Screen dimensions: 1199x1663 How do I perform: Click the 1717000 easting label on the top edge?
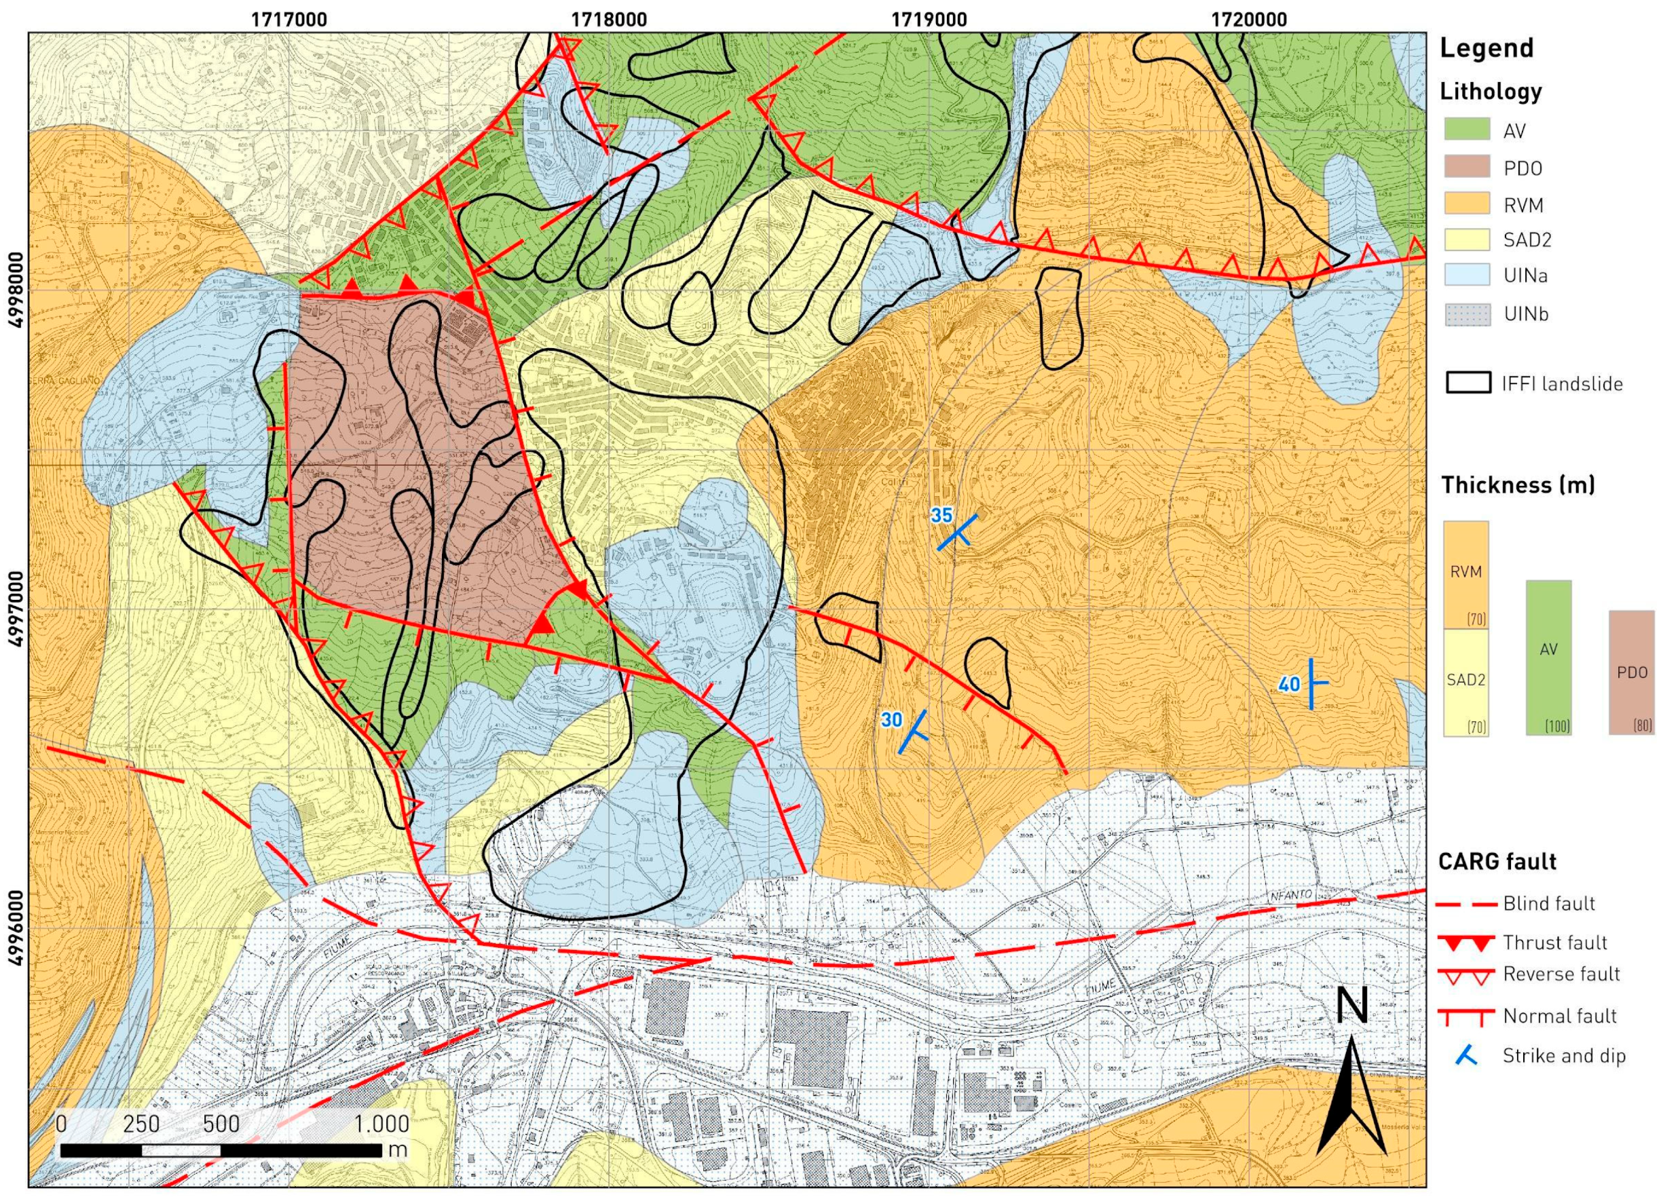point(289,18)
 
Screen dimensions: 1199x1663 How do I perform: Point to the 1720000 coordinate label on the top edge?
point(1249,18)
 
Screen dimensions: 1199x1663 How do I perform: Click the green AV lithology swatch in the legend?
point(1466,129)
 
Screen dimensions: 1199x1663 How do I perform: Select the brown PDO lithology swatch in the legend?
point(1466,166)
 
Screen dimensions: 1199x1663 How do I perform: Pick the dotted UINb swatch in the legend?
point(1466,314)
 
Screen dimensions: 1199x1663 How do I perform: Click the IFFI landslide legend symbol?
point(1468,383)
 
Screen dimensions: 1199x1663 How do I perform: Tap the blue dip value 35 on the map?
point(941,515)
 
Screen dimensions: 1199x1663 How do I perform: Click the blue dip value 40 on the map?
point(1288,685)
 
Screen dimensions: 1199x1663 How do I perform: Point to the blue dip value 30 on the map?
point(891,720)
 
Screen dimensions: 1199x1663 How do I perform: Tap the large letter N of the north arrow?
point(1352,1005)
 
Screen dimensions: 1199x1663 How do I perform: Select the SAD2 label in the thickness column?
point(1465,679)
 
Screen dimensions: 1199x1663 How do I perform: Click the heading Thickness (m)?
point(1518,485)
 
